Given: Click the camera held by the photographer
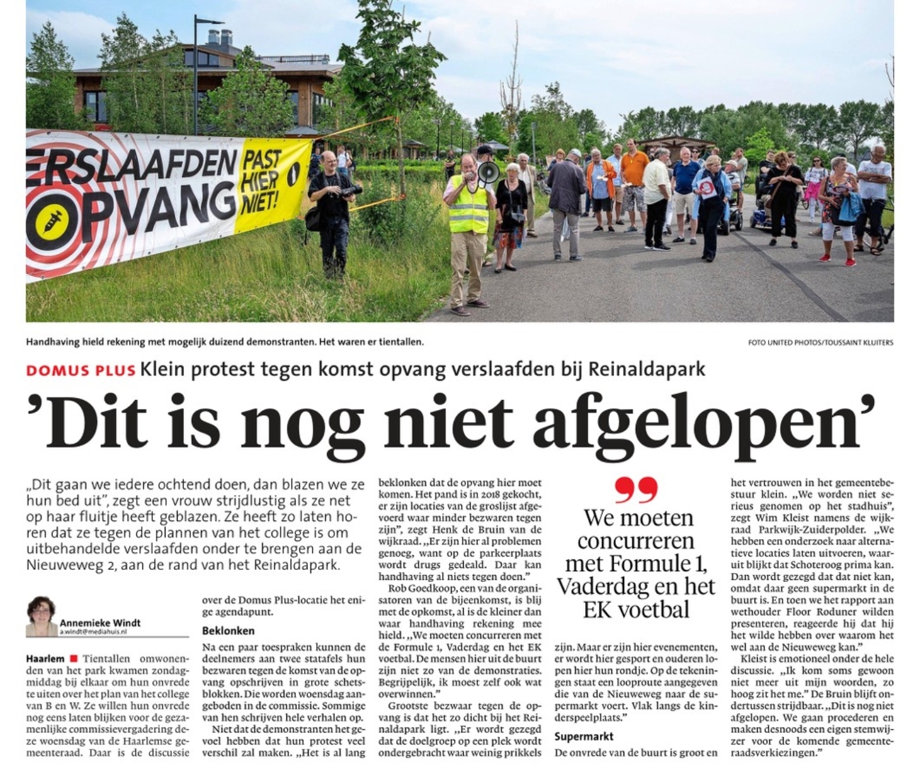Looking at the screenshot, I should (x=352, y=190).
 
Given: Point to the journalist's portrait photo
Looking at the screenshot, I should (x=42, y=616).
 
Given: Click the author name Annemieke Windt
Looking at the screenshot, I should (x=100, y=623).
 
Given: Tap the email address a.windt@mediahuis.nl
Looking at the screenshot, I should (x=93, y=632).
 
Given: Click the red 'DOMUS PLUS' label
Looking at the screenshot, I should (x=80, y=370).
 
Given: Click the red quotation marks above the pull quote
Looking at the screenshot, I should (x=636, y=491).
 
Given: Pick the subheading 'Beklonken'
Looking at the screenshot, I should (x=228, y=630).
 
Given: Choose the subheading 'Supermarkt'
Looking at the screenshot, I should (x=584, y=736).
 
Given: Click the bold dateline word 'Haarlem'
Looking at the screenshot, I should (x=45, y=659).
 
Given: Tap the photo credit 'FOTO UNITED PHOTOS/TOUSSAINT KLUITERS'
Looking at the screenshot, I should (x=820, y=342).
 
